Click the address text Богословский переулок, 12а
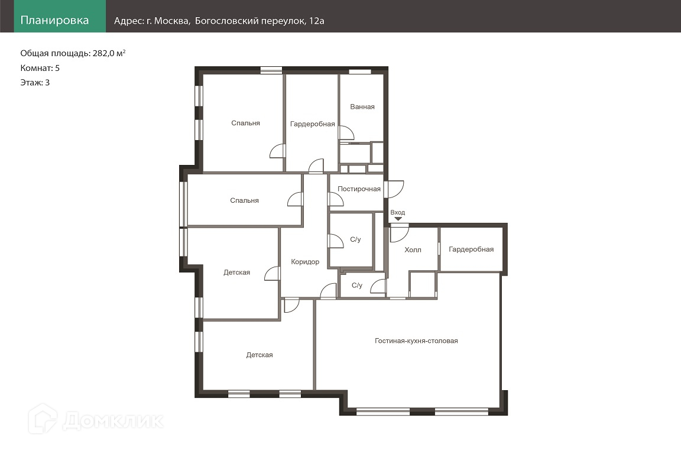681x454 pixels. coord(260,21)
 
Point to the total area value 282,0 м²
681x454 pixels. coord(109,53)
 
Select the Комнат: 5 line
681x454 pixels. coord(40,68)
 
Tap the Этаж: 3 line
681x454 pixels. coord(35,83)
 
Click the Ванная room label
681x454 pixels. coord(362,106)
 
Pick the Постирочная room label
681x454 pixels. coord(359,189)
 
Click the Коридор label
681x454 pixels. coord(305,261)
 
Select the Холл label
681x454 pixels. coord(413,250)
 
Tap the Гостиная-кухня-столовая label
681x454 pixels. coord(416,341)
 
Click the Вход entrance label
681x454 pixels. coord(397,212)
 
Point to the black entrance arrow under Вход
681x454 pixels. coord(398,219)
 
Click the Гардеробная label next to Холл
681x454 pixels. coord(471,249)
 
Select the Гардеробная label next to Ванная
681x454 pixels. coord(312,124)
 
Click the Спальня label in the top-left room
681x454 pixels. coord(245,124)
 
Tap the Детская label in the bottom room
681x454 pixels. coord(260,355)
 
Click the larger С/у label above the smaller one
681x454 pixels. coord(355,239)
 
